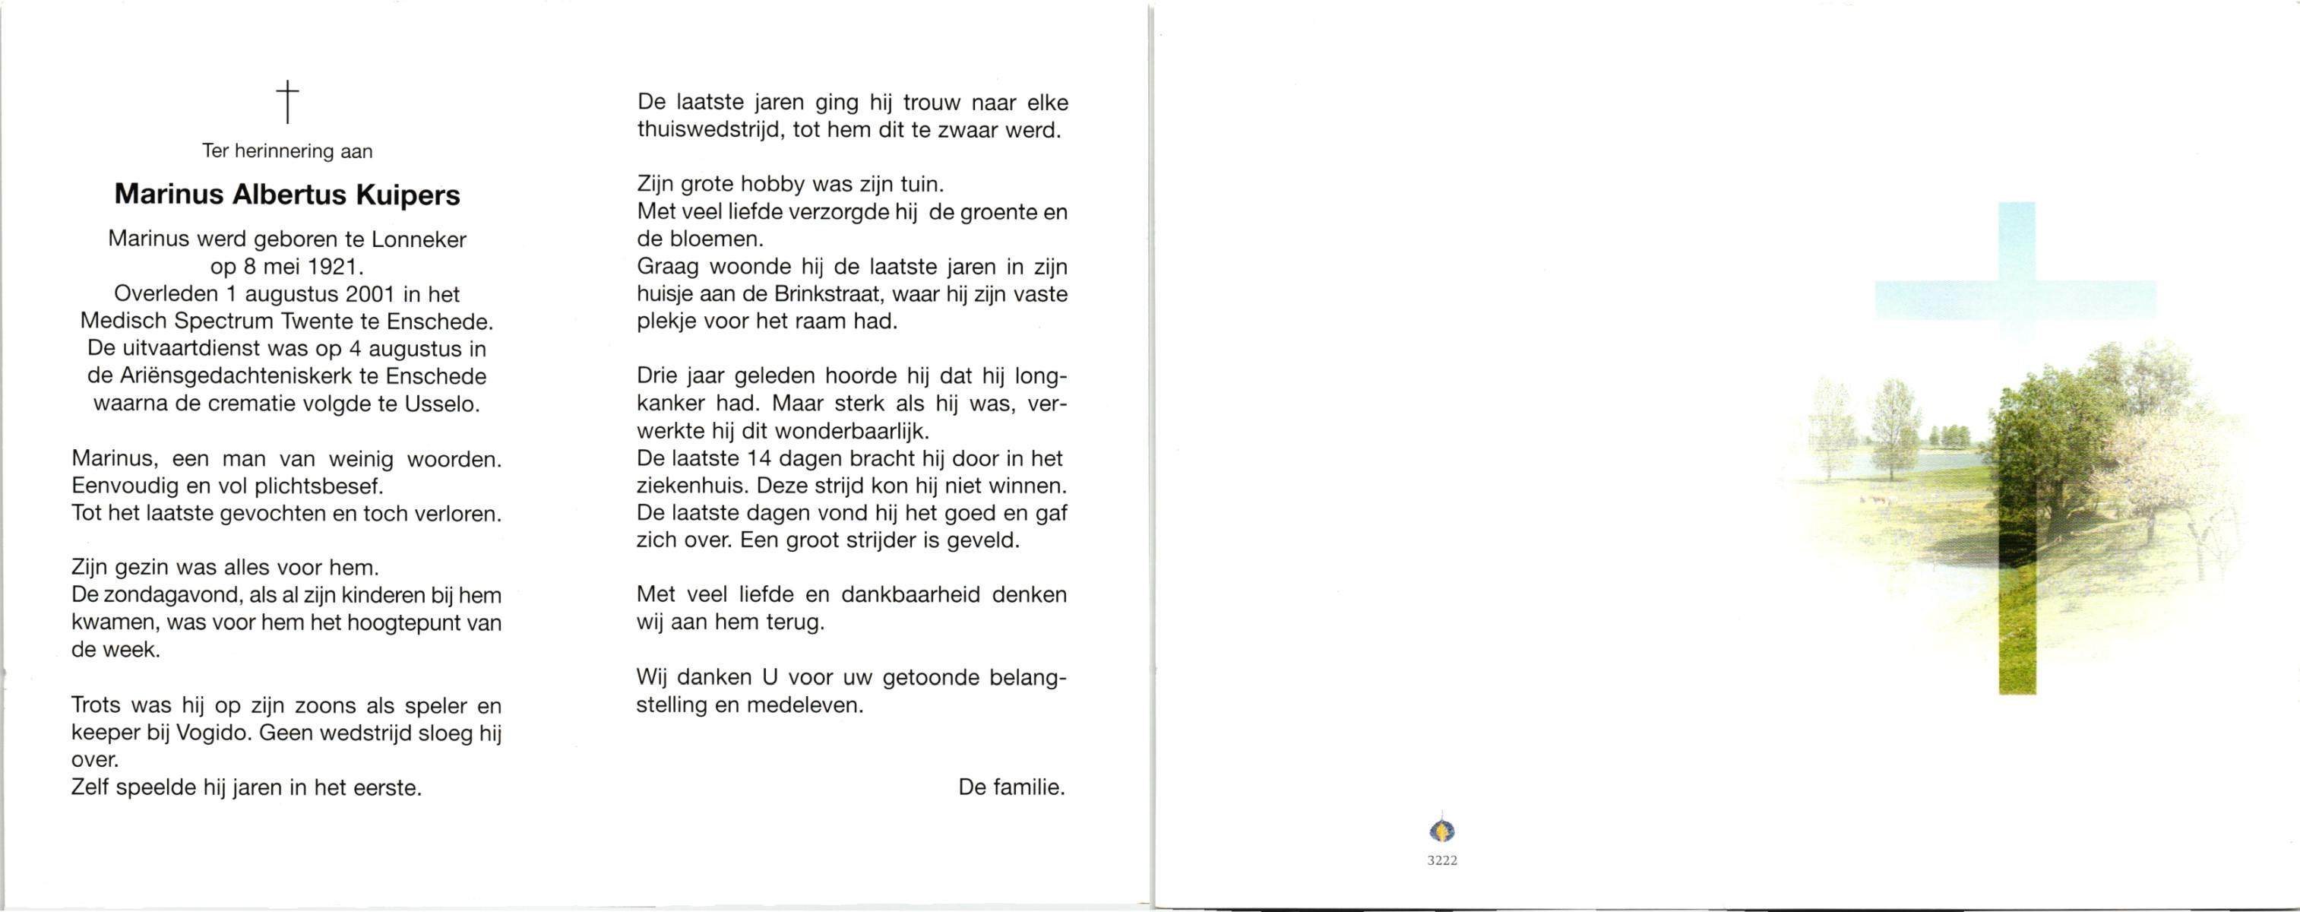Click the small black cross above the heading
coord(287,102)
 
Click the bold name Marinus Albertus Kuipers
coord(287,195)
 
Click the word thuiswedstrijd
coord(710,131)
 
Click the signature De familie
coord(1011,787)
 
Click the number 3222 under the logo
coord(1442,860)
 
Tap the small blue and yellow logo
coord(1442,831)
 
